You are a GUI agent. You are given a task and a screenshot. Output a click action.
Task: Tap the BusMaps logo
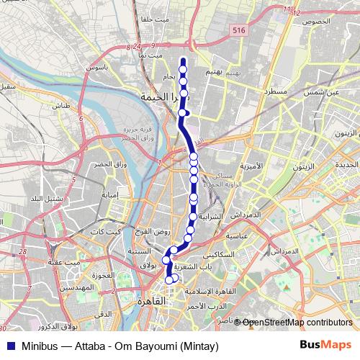point(325,344)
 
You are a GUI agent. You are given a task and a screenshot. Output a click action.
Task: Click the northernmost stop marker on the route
point(183,61)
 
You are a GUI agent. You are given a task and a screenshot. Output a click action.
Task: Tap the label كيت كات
point(105,232)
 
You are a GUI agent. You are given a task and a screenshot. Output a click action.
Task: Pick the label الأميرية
point(251,167)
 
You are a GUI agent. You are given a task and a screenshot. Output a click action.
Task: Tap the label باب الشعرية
point(195,266)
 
